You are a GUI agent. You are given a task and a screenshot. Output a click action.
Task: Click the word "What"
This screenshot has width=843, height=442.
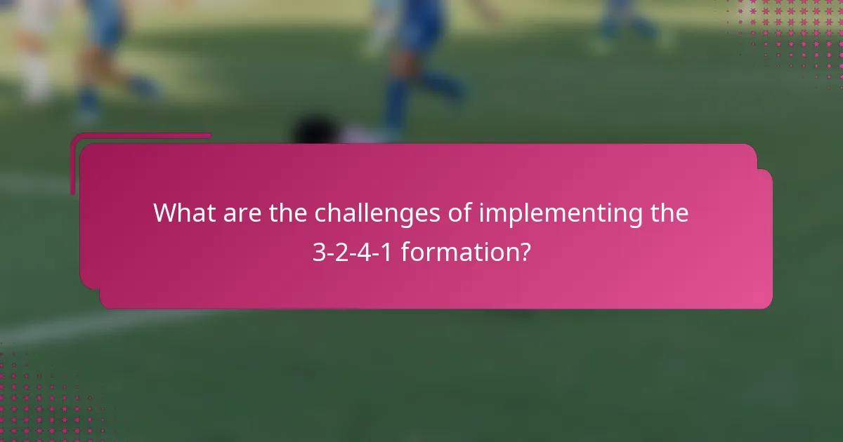pyautogui.click(x=185, y=213)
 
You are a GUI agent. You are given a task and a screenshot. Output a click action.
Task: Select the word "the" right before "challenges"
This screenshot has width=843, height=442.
pyautogui.click(x=288, y=213)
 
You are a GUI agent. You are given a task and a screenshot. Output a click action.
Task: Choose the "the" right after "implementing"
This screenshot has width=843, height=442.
pyautogui.click(x=668, y=213)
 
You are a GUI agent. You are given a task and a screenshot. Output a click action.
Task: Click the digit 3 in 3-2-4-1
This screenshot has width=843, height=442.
pyautogui.click(x=318, y=252)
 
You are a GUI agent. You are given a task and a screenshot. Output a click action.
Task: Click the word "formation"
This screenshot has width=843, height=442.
pyautogui.click(x=457, y=252)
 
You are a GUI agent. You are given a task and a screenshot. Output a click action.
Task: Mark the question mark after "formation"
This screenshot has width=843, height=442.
pyautogui.click(x=524, y=252)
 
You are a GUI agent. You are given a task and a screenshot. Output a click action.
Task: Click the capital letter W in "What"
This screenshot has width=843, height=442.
pyautogui.click(x=165, y=213)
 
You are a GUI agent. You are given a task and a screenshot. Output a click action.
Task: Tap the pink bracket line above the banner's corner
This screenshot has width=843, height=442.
pyautogui.click(x=140, y=136)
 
